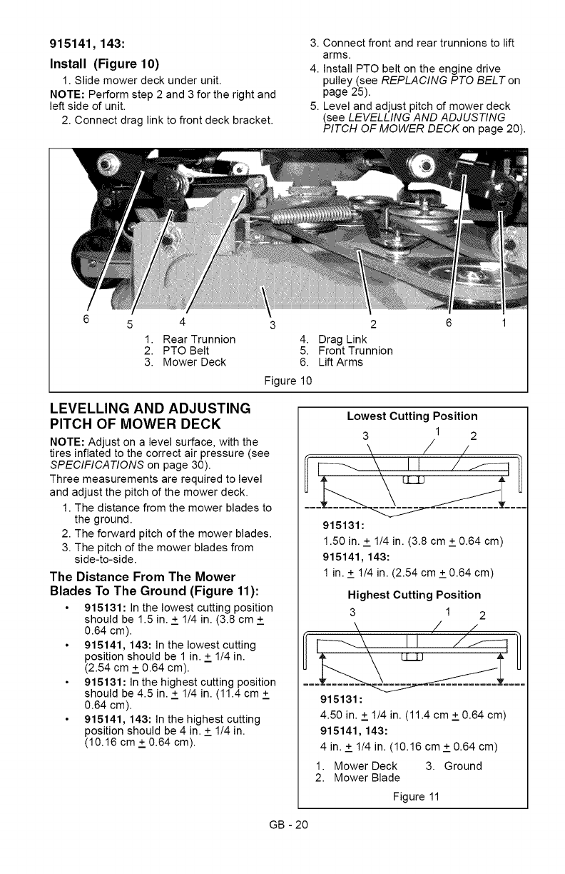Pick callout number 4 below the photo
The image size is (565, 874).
pyautogui.click(x=184, y=321)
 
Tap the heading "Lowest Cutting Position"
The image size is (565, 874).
pyautogui.click(x=412, y=416)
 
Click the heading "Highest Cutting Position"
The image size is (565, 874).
pyautogui.click(x=414, y=595)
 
